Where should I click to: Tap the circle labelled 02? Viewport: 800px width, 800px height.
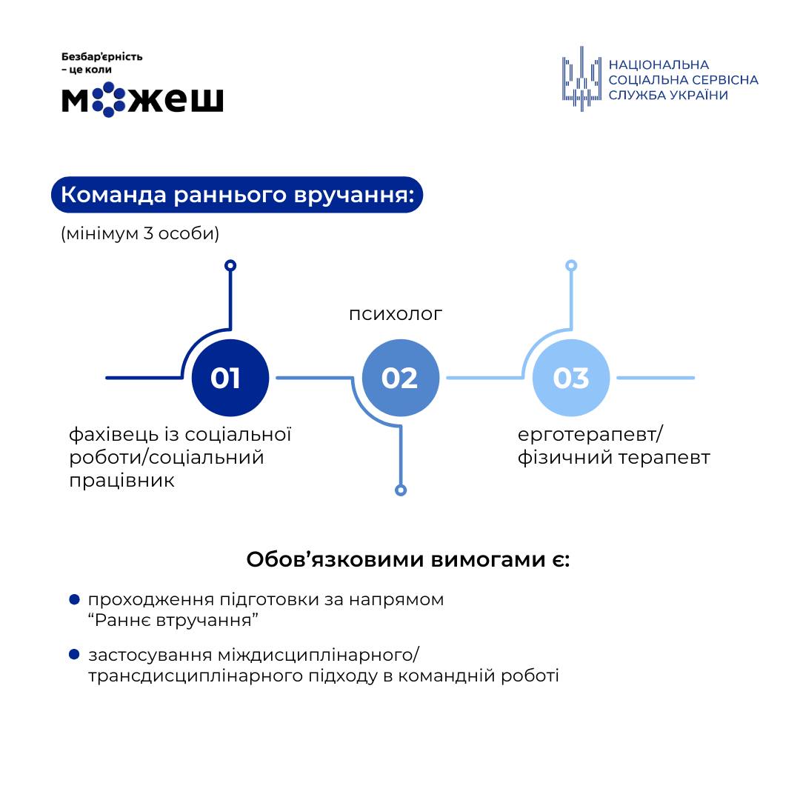(x=400, y=378)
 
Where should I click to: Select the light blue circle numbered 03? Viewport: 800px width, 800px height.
(x=571, y=378)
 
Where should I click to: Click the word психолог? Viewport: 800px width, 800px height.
(x=396, y=314)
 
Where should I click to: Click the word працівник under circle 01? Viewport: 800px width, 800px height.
(x=122, y=481)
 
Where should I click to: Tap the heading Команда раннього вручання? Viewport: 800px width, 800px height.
(x=236, y=195)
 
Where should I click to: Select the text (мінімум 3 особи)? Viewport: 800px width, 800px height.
(x=140, y=234)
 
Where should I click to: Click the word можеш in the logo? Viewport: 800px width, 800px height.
(x=142, y=99)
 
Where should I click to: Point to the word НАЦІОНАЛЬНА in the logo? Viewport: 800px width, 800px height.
(x=659, y=65)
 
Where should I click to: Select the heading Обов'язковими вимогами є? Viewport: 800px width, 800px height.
(x=408, y=559)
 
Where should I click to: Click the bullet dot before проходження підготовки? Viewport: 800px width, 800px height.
(x=74, y=599)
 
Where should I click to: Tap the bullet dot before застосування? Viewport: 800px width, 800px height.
(x=74, y=655)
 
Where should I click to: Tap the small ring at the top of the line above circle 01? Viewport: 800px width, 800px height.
(x=230, y=265)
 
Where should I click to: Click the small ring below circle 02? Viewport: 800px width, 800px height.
(x=401, y=490)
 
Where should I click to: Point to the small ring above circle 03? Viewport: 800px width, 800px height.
(x=571, y=265)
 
